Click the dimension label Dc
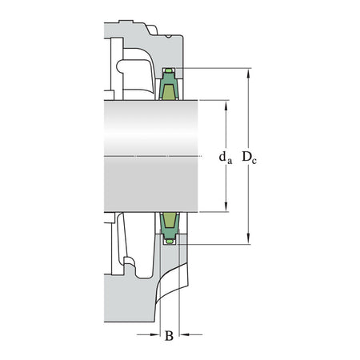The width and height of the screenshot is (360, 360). pos(249,157)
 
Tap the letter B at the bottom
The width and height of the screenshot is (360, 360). pos(169,336)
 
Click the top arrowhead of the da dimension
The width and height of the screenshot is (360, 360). pos(227,103)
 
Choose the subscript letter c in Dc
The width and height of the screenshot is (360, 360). pos(254,160)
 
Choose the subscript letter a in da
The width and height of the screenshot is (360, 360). pos(230,161)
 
